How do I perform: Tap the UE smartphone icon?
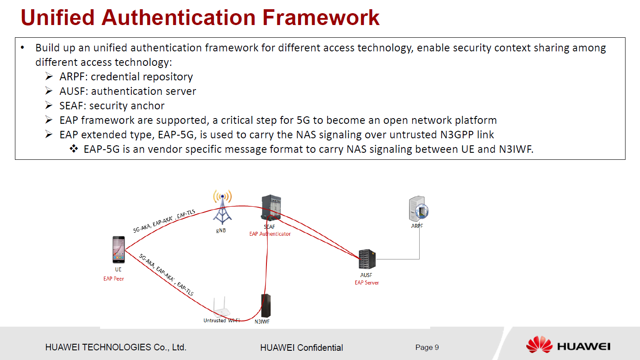point(119,249)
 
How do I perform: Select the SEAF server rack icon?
point(271,207)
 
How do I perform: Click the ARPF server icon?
point(418,209)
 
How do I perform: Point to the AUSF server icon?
point(367,259)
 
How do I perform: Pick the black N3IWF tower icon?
point(266,306)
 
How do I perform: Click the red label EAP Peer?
point(114,279)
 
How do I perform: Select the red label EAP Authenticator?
point(270,234)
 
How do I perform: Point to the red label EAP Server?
point(367,283)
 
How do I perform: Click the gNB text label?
point(221,230)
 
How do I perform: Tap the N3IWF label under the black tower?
point(262,322)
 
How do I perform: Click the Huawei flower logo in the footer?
point(539,345)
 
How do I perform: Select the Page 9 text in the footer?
point(427,347)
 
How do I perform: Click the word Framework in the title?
point(321,18)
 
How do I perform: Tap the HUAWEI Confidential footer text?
point(302,348)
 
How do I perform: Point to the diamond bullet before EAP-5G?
point(74,149)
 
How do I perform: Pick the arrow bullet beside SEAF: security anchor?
point(49,105)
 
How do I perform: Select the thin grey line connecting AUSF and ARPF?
point(419,246)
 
